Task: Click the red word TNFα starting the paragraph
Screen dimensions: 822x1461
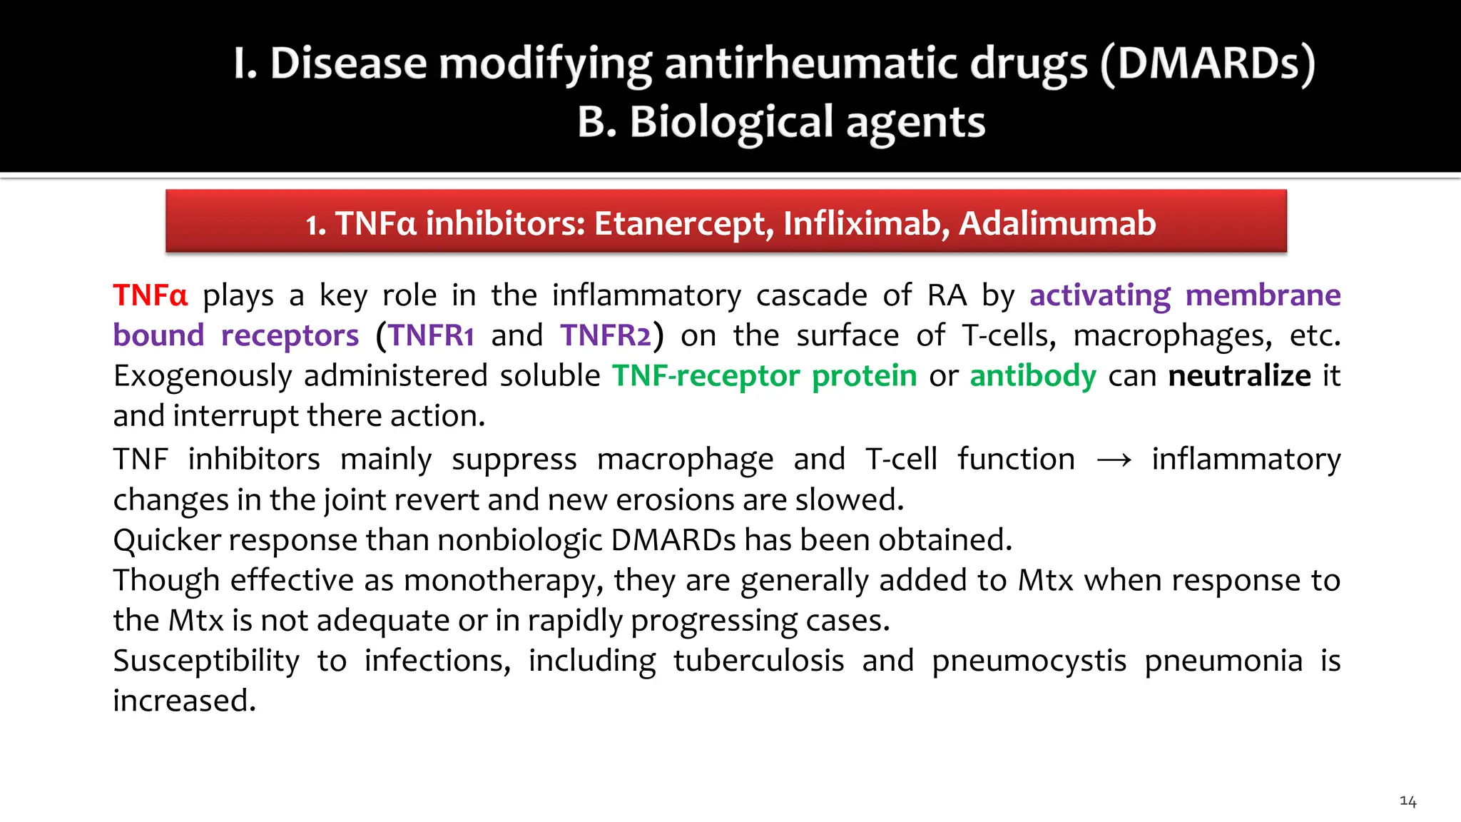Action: click(150, 295)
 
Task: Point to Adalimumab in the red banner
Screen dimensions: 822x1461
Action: click(1057, 223)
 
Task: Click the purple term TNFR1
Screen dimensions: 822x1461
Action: click(431, 335)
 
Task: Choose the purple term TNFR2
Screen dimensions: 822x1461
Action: click(606, 335)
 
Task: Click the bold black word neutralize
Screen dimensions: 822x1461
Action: click(1239, 376)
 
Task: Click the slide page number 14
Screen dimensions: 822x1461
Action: click(1407, 801)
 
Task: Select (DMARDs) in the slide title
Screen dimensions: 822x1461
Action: click(1207, 64)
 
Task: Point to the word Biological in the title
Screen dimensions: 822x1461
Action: click(730, 122)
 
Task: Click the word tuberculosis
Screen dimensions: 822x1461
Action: click(758, 661)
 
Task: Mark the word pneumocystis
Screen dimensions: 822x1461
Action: click(1029, 661)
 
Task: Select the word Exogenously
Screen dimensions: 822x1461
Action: click(203, 376)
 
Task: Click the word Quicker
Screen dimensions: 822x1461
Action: click(166, 540)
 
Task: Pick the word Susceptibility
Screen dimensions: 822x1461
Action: click(206, 661)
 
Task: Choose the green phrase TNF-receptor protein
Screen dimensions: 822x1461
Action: click(764, 376)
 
